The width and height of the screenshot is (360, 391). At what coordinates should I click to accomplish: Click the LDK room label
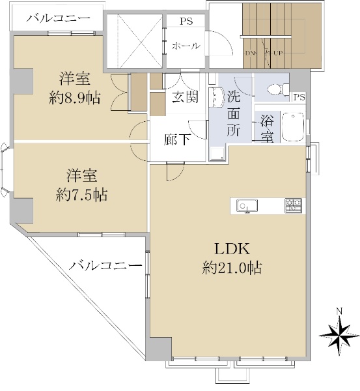coord(232,249)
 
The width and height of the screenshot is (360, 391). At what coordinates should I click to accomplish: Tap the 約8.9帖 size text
coord(75,98)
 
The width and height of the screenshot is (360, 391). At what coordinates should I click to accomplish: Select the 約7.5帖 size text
coord(82,195)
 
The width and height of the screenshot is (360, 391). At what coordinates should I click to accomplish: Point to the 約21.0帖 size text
coord(232,268)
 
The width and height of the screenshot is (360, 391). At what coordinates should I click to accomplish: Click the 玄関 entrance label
coord(186,96)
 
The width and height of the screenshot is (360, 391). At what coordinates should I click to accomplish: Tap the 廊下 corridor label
coord(177,139)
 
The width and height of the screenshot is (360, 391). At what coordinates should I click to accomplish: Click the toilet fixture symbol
coord(278,89)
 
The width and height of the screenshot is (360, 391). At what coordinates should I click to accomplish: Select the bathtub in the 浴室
coord(293,126)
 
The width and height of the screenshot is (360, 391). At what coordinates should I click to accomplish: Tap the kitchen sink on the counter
coord(247,206)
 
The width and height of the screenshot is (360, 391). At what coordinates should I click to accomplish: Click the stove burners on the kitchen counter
coord(293,205)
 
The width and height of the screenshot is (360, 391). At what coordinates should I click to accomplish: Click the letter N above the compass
coord(339,311)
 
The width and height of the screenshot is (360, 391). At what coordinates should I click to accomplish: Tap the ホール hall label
coord(186,46)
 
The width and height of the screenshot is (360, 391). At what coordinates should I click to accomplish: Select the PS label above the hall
coord(186,22)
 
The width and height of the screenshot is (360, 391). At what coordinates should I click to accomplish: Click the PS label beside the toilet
coord(299,97)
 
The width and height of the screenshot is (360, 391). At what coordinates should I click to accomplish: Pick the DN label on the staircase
coord(250,53)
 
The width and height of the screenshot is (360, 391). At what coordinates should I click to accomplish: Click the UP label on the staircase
coord(278,53)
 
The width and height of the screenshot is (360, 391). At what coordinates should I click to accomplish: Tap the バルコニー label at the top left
coord(59,18)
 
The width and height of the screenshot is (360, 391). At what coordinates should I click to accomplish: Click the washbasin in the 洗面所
coord(215,98)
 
